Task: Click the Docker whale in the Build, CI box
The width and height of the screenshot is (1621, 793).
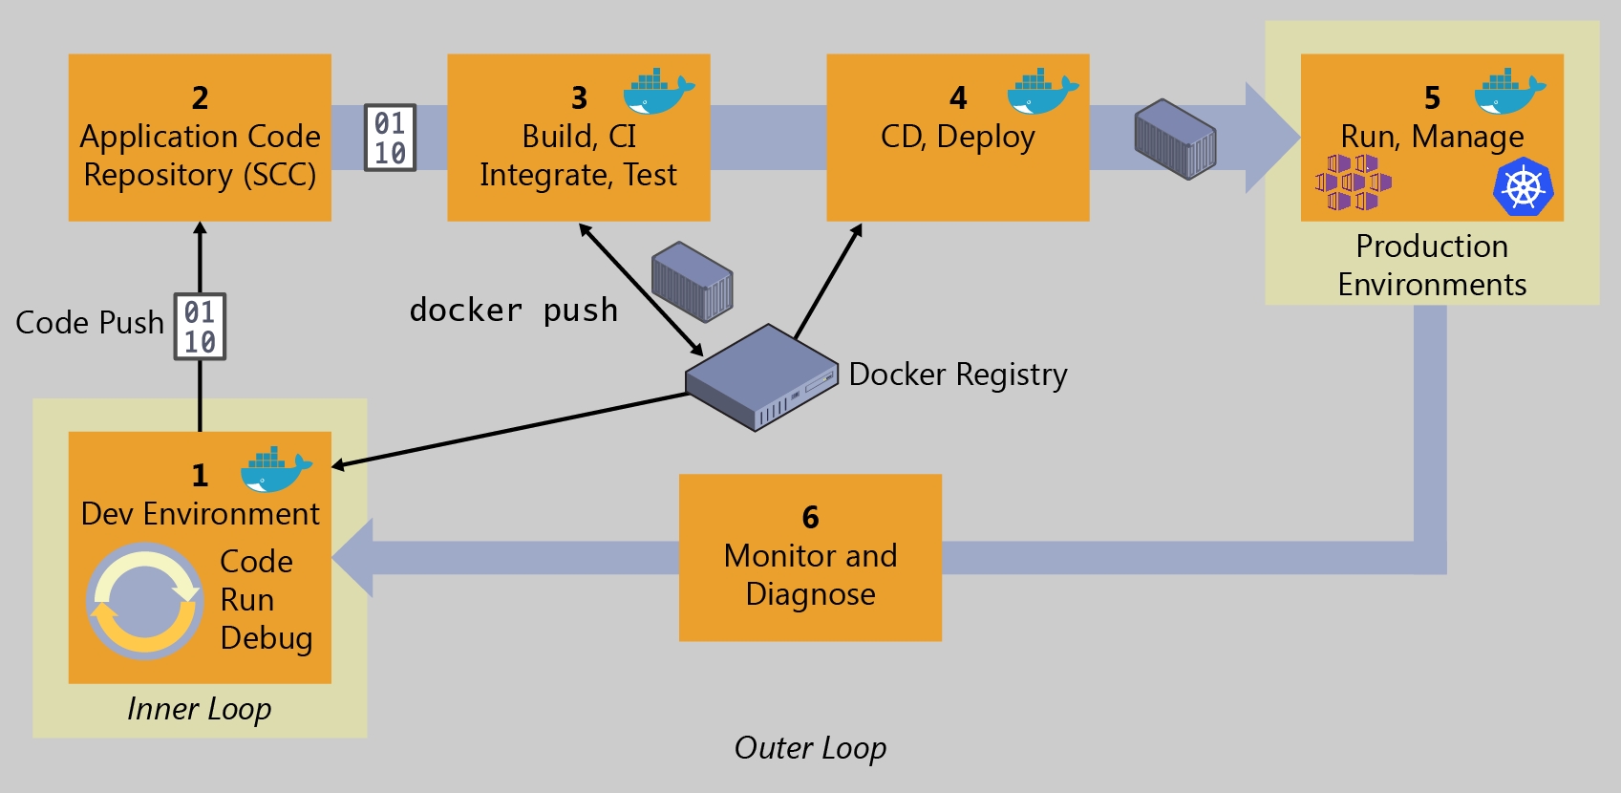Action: (658, 91)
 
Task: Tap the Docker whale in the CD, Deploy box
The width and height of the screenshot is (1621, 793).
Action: (1042, 91)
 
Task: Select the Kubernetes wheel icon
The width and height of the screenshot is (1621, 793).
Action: (1523, 186)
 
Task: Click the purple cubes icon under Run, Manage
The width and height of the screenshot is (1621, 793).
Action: (1353, 182)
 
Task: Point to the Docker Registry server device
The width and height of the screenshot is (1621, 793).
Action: (761, 377)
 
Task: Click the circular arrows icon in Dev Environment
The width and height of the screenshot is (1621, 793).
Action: (144, 601)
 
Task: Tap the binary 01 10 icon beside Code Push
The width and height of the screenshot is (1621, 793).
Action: (200, 327)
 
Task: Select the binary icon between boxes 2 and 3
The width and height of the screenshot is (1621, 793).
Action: (390, 138)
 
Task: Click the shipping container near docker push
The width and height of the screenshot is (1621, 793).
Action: (692, 281)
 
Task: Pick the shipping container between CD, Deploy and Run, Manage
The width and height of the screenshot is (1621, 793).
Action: (1175, 139)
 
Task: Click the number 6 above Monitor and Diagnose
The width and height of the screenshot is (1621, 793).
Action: (810, 517)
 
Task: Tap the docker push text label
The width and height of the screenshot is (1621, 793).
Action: (513, 311)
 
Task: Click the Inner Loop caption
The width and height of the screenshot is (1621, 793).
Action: (199, 709)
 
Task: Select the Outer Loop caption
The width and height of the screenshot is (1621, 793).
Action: (810, 748)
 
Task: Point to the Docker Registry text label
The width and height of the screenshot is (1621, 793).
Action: (958, 375)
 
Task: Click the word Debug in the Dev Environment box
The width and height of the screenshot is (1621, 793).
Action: (267, 638)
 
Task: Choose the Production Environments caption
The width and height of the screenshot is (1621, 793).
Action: (1432, 266)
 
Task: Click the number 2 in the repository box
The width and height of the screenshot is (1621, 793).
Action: (200, 97)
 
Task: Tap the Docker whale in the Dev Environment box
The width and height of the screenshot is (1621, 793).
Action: (275, 468)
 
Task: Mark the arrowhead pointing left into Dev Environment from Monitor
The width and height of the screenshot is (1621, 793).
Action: (352, 558)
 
